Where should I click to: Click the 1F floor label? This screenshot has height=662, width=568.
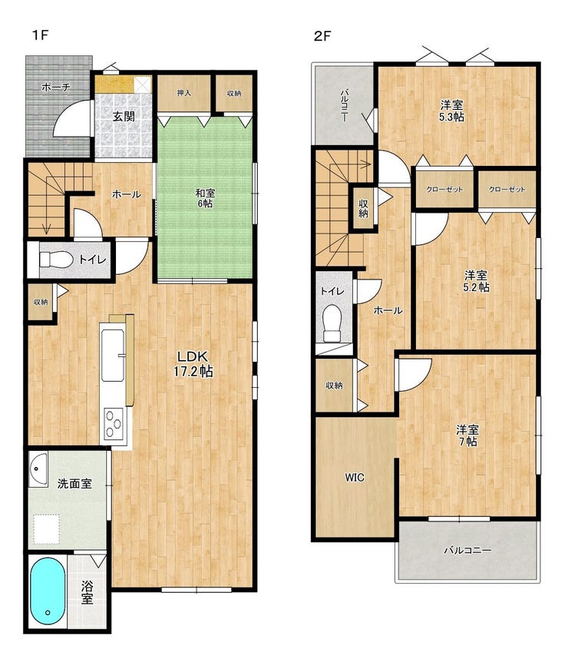[41, 35]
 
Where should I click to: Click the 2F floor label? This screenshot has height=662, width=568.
[322, 36]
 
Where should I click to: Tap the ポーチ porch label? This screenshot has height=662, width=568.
[56, 88]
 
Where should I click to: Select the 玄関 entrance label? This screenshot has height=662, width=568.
[124, 116]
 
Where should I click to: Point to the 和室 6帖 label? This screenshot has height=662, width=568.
[206, 198]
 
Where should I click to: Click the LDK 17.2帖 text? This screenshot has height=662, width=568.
[193, 364]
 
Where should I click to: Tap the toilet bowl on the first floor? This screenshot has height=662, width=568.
[56, 260]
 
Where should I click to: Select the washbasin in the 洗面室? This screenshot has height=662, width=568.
[38, 468]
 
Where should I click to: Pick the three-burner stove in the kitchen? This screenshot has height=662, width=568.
[114, 424]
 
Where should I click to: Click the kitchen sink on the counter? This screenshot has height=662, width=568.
[113, 355]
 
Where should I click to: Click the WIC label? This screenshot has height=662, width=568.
[355, 478]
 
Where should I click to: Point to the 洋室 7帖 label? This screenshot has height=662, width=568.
[467, 435]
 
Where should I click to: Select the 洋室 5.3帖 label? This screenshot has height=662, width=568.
[451, 111]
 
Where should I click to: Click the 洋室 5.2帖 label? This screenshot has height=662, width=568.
[477, 281]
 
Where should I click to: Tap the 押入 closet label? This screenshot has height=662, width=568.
[184, 92]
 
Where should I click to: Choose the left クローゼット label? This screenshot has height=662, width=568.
[444, 190]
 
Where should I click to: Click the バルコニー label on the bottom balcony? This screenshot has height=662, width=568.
[467, 550]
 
